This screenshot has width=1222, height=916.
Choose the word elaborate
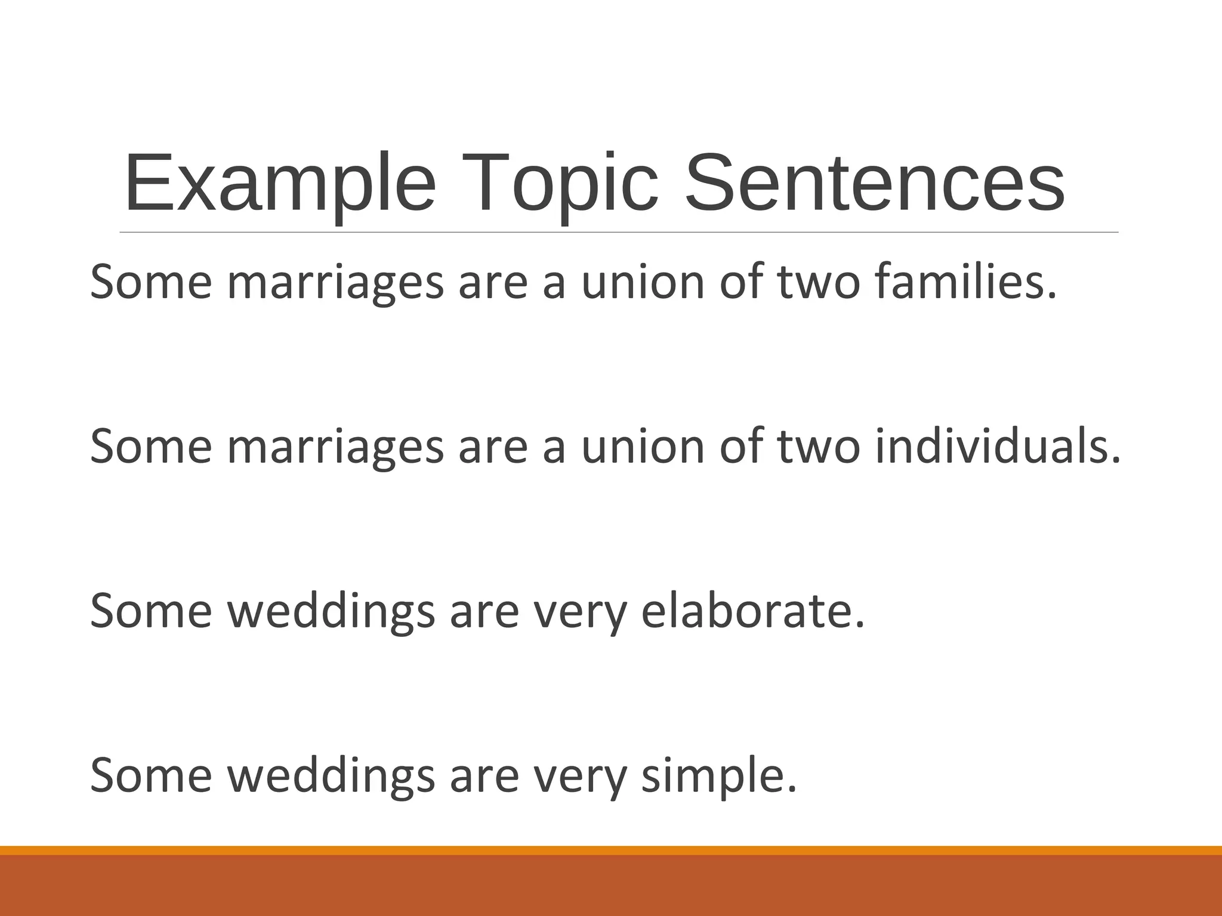752,611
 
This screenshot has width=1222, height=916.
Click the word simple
718,776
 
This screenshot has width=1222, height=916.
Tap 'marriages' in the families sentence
335,283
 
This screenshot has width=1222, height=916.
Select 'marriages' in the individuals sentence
335,448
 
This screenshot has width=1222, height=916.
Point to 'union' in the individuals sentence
643,447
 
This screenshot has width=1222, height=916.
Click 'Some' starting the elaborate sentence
151,611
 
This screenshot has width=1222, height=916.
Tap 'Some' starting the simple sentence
151,776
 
